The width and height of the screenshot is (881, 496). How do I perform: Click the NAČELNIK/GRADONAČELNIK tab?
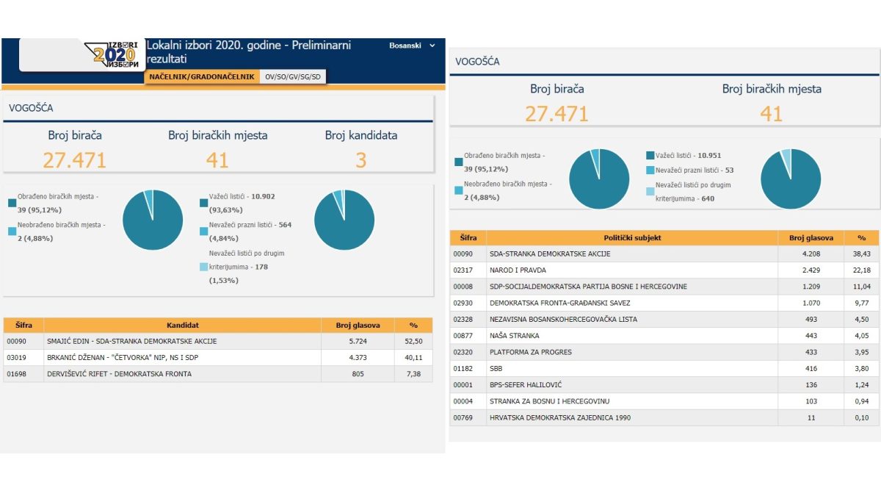coord(202,76)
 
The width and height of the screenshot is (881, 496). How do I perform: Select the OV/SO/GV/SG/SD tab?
coord(293,76)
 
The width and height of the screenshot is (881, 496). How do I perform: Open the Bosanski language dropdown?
coord(412,46)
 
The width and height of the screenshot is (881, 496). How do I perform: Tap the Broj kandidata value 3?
coord(360,160)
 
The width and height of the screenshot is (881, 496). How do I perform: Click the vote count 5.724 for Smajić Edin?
coord(358,341)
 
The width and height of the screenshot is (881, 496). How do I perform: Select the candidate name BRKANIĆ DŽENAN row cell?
coord(123,357)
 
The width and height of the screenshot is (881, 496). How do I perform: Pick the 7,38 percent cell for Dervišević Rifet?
coord(413,374)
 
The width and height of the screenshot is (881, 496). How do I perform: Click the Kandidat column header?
coord(183,325)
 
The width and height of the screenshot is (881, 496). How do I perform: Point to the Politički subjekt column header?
coord(632,238)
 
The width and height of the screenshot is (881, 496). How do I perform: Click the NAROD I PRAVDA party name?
coord(518,270)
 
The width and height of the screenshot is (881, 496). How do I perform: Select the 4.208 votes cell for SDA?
coord(811,254)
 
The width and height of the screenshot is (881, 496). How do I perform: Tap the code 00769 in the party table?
coord(463,417)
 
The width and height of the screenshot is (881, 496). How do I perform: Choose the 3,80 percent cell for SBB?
coord(861,368)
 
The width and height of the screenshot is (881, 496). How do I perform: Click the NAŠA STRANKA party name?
coord(514,336)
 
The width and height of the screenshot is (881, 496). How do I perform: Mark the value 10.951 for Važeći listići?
coord(709,156)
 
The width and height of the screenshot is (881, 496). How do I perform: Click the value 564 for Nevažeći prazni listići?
coord(285,225)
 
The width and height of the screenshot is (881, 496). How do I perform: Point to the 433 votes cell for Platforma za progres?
coord(811,352)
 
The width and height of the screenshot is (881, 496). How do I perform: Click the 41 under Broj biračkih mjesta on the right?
coord(771,114)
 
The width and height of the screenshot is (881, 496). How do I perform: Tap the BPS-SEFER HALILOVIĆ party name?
coord(526,384)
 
